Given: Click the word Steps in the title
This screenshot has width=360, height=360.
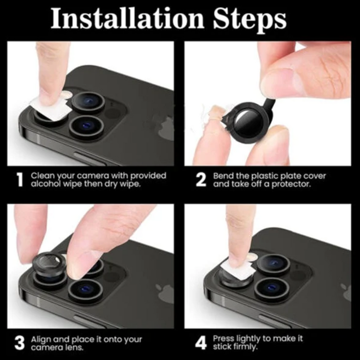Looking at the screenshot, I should (x=248, y=19).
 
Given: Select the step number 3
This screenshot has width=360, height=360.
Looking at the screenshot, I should (x=19, y=343).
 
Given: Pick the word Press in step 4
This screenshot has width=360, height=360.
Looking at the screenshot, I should (x=223, y=338).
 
